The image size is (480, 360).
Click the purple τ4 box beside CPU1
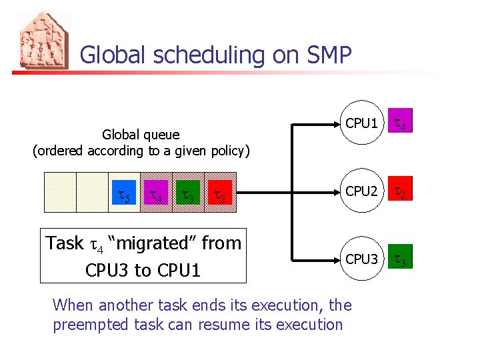click(401, 123)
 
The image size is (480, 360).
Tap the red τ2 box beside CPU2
click(401, 192)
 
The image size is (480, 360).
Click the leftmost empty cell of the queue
click(60, 192)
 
